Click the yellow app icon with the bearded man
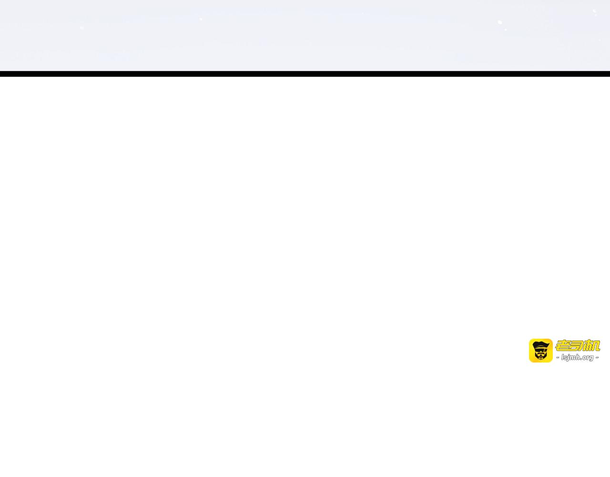[x=540, y=351]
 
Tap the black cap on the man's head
[x=540, y=344]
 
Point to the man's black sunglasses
[x=540, y=349]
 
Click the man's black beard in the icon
[x=540, y=356]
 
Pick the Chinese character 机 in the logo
[x=592, y=345]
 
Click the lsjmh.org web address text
[x=577, y=357]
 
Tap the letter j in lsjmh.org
[x=568, y=358]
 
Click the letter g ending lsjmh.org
[x=591, y=358]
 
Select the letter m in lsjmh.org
[x=572, y=357]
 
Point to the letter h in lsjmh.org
[x=578, y=357]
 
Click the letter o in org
[x=583, y=357]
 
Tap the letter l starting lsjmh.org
[x=562, y=357]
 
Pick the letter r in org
[x=587, y=357]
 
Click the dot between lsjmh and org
[x=580, y=359]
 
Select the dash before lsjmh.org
[x=558, y=357]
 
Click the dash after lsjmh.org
[x=597, y=357]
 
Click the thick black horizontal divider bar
[x=305, y=74]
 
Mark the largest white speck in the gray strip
[x=500, y=22]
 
